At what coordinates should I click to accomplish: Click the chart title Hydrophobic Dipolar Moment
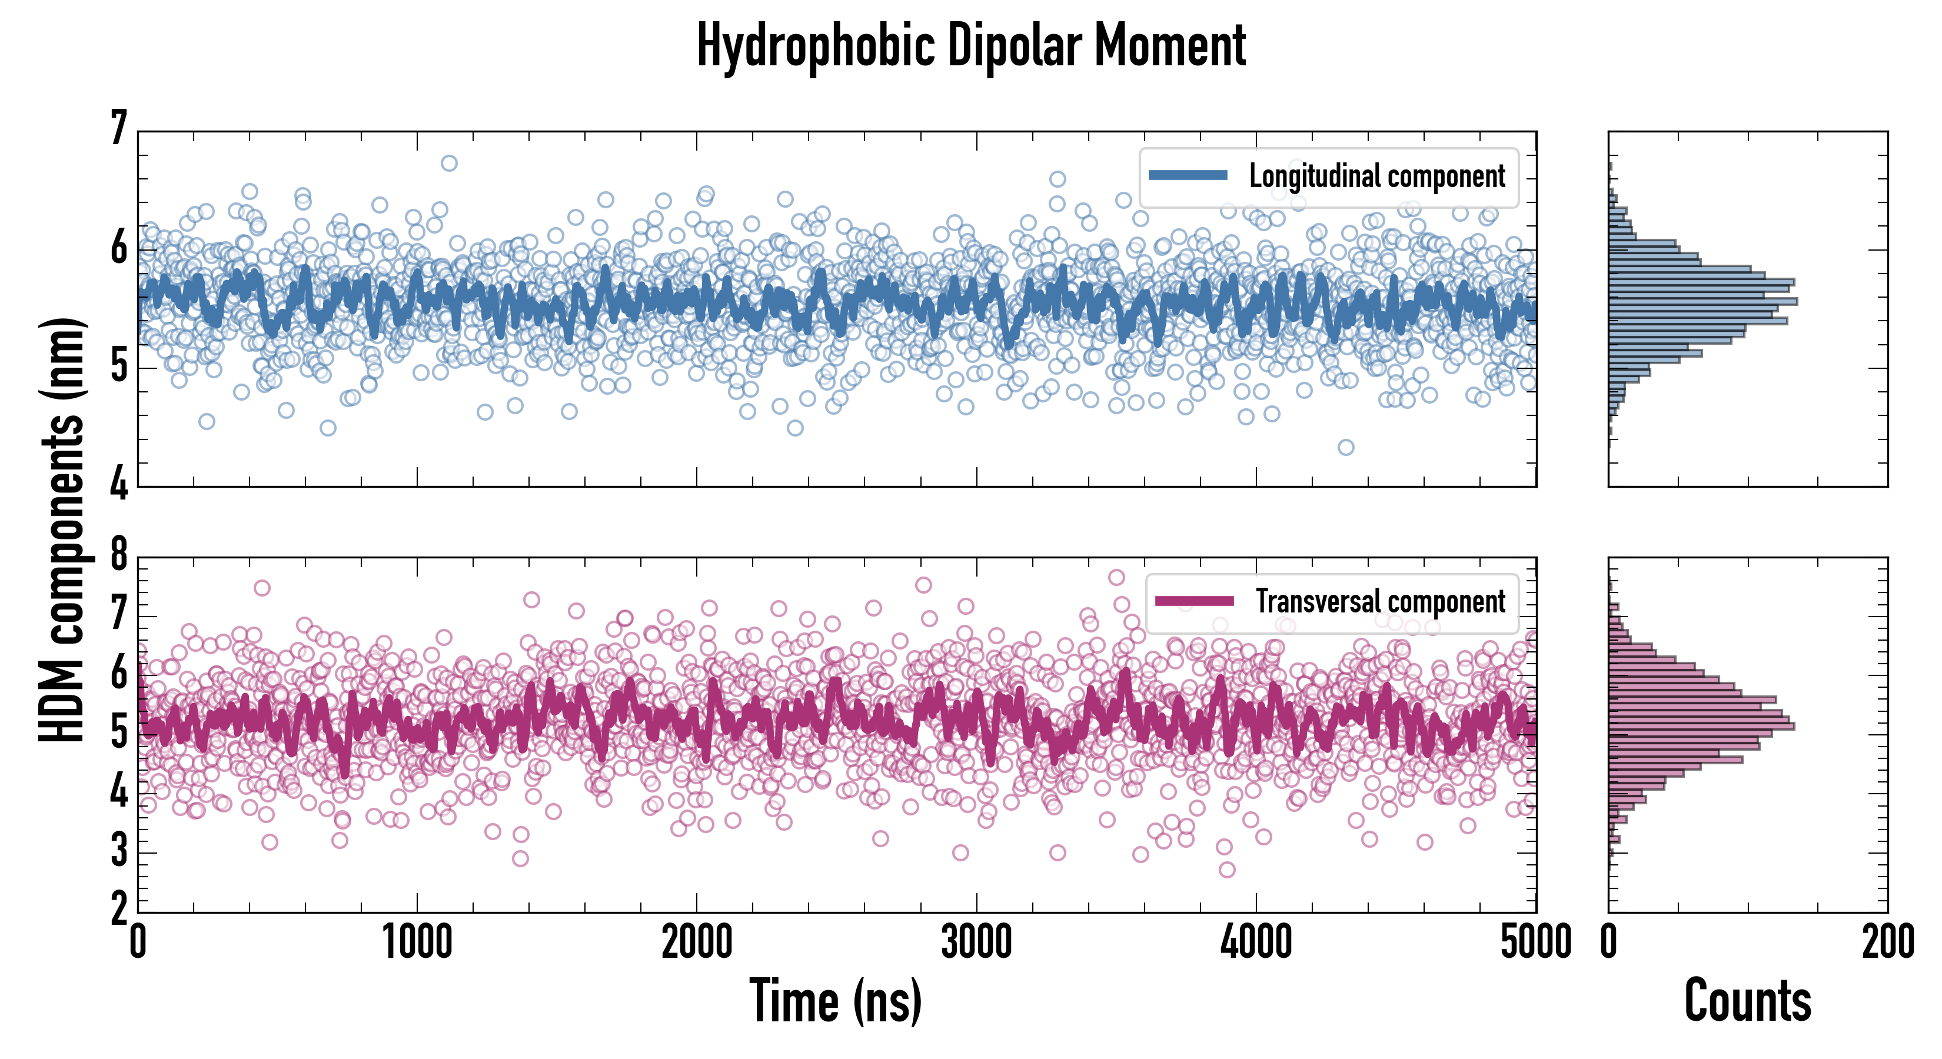[971, 46]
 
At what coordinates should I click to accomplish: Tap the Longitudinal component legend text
[1376, 176]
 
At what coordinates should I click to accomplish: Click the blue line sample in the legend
[1188, 176]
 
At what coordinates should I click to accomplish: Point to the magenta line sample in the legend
[1194, 601]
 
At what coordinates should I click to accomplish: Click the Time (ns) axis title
[835, 1001]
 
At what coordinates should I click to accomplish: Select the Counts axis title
[1747, 1001]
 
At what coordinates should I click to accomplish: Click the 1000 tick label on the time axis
[417, 942]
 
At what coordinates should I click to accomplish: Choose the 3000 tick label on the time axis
[976, 942]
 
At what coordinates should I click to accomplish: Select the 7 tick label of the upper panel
[119, 128]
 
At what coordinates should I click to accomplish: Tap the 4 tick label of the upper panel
[119, 483]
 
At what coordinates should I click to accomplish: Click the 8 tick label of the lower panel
[119, 555]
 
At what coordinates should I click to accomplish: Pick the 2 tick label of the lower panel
[119, 909]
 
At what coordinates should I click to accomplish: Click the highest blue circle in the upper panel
[448, 163]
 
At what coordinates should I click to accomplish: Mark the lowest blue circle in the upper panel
[1346, 447]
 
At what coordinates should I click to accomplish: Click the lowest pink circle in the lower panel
[1226, 869]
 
